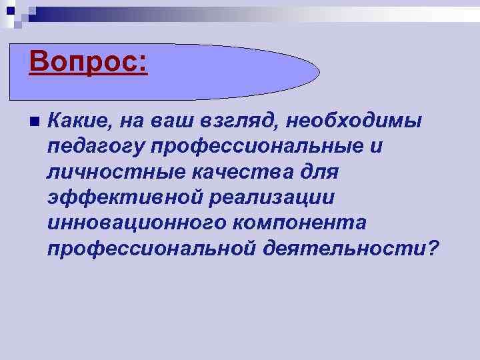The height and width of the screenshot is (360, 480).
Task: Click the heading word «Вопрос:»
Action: pos(88,63)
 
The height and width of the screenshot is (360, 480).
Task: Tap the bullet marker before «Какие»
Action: pos(31,122)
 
